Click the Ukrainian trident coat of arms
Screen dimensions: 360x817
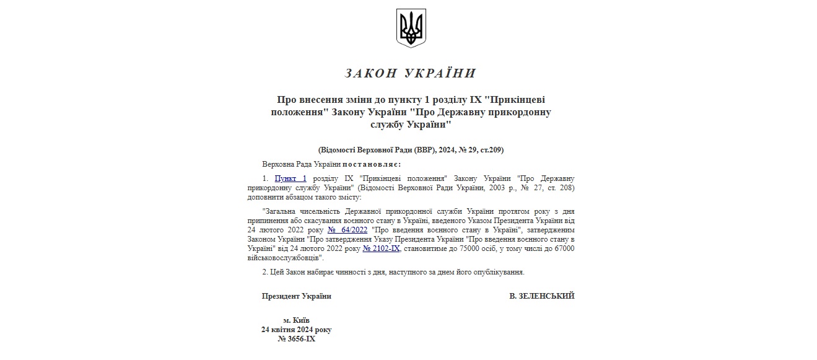pyautogui.click(x=411, y=28)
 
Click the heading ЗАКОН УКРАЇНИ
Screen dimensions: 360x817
pyautogui.click(x=410, y=73)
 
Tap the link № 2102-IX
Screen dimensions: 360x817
pyautogui.click(x=381, y=248)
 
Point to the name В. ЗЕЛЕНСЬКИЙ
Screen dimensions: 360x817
pyautogui.click(x=541, y=296)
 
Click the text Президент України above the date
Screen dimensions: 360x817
pyautogui.click(x=297, y=296)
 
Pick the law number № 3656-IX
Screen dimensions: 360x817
pyautogui.click(x=297, y=339)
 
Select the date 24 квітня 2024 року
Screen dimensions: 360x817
pyautogui.click(x=296, y=330)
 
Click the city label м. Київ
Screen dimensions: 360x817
pyautogui.click(x=296, y=320)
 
